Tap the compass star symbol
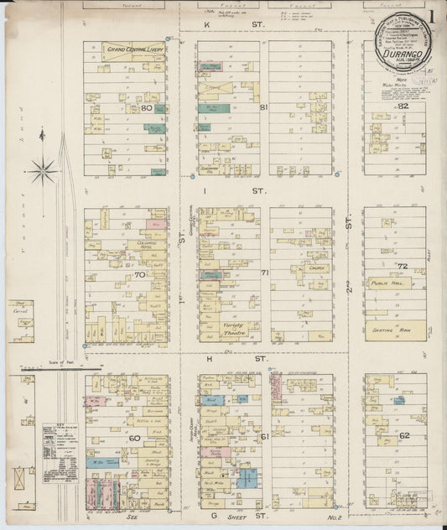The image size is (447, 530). [x=41, y=171]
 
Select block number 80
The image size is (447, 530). [x=147, y=107]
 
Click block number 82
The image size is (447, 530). [x=403, y=107]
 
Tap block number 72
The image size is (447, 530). [x=403, y=266]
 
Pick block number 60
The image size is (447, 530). [x=133, y=438]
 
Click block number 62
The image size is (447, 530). [x=404, y=436]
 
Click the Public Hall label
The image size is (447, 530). [x=385, y=283]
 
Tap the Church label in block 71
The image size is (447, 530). [x=316, y=247]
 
